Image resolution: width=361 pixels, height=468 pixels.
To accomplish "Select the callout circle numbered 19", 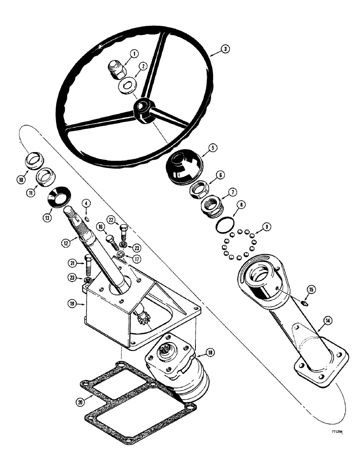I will click(x=72, y=303).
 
